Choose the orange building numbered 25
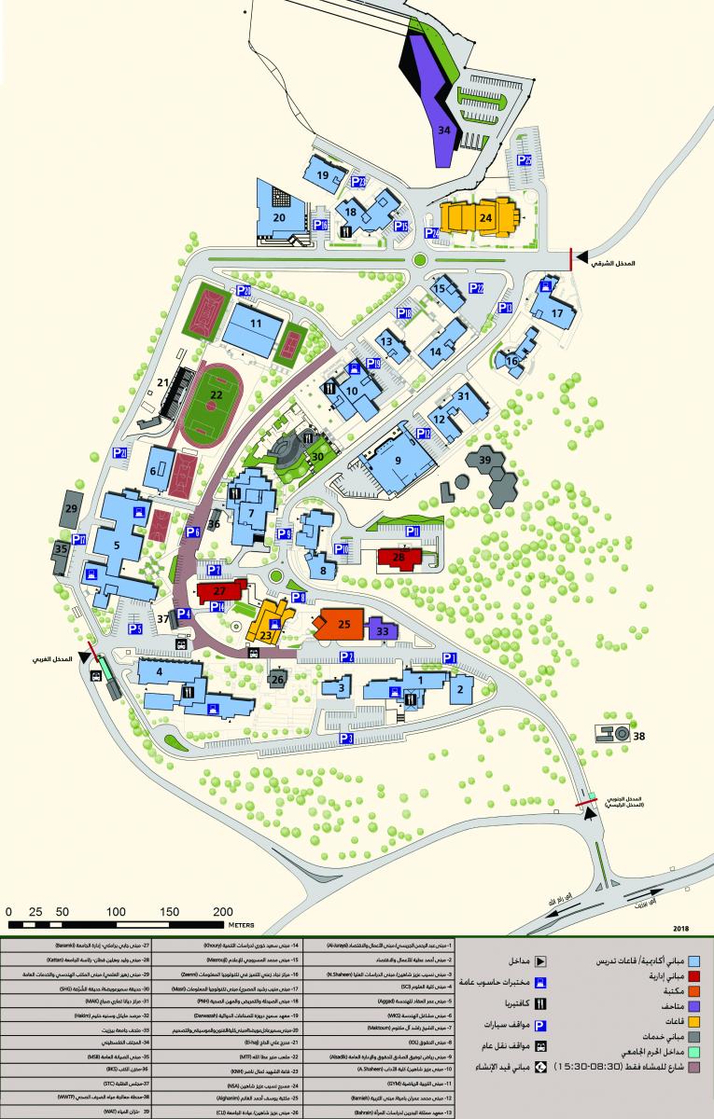point(343,623)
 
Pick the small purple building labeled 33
point(384,631)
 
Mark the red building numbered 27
point(220,591)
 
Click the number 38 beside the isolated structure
point(639,736)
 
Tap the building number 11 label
point(256,324)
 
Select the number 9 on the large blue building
point(397,461)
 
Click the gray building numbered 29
point(71,509)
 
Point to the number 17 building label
point(557,313)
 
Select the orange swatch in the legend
point(693,991)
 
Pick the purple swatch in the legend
point(693,1006)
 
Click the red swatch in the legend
point(693,975)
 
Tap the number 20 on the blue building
point(278,217)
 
